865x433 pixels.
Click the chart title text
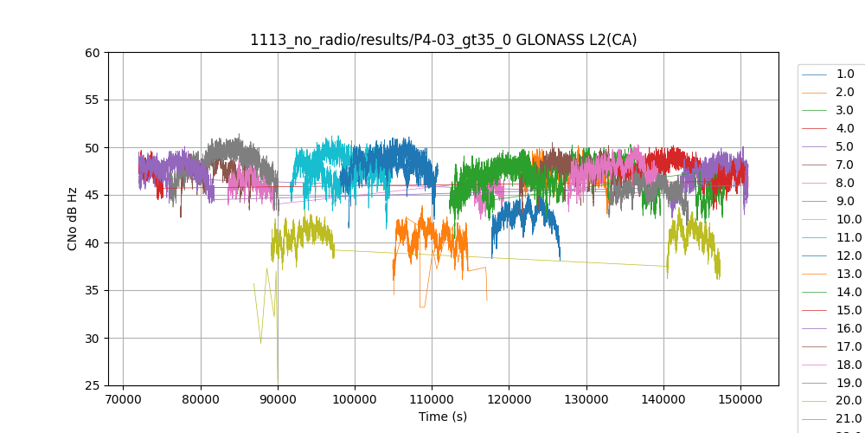(443, 40)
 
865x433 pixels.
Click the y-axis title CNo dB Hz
(74, 218)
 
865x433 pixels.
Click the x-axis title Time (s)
(443, 417)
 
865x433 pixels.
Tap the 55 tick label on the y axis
(93, 100)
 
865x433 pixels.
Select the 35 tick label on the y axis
(93, 290)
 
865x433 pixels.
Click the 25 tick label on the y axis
(93, 385)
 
